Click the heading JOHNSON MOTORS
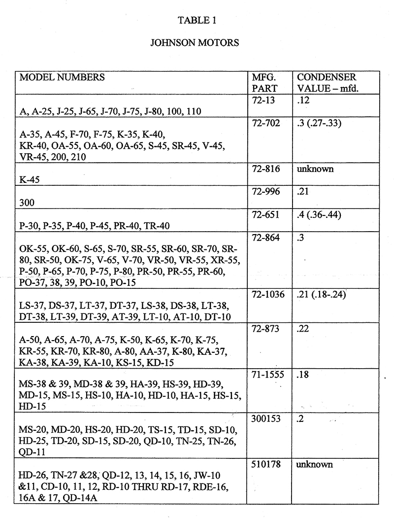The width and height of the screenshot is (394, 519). click(x=195, y=42)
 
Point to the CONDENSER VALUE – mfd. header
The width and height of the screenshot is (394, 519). click(x=327, y=83)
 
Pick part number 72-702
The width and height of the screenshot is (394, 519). click(x=264, y=123)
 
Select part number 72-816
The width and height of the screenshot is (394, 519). click(x=264, y=169)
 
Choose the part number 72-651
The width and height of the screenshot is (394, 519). click(x=264, y=215)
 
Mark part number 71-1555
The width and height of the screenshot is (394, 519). click(x=266, y=375)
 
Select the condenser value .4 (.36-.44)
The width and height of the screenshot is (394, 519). click(x=320, y=215)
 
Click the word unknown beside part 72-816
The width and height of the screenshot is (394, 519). click(x=315, y=169)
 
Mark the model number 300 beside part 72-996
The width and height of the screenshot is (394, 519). click(x=28, y=203)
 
